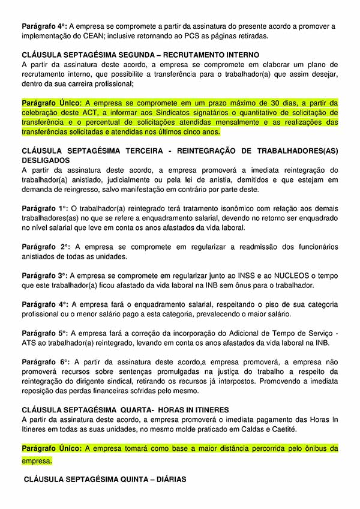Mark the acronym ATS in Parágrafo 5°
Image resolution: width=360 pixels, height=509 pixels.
tap(30, 343)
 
